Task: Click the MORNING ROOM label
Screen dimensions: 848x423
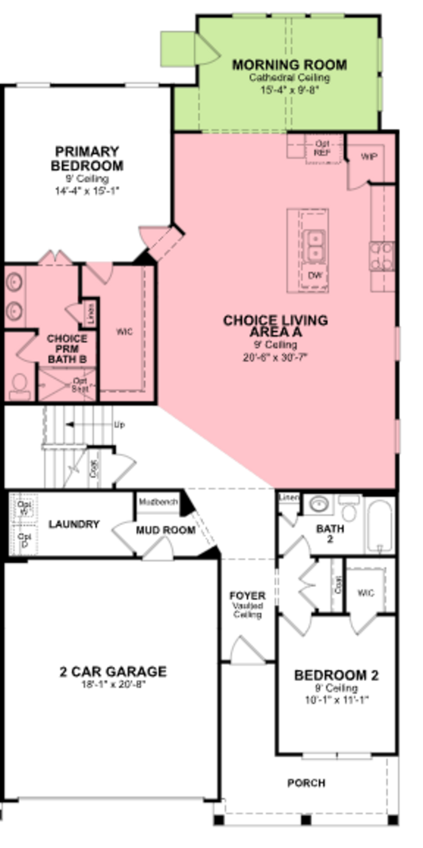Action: (289, 65)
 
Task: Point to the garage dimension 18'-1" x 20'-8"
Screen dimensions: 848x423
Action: (113, 684)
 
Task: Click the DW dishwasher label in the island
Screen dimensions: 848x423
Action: (315, 275)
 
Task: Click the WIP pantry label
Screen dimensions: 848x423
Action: (369, 157)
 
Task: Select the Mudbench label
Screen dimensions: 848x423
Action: (158, 502)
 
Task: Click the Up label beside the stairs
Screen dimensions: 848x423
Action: (119, 425)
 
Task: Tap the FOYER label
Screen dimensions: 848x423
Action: (247, 596)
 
